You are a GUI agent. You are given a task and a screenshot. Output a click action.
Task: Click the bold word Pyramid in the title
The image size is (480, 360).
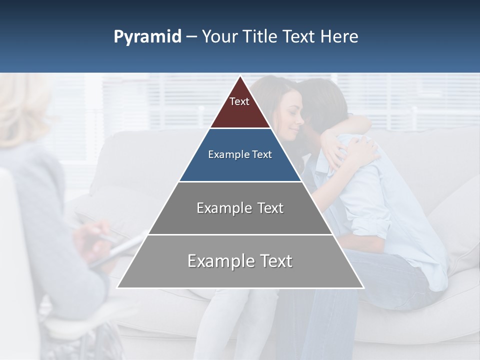(x=147, y=37)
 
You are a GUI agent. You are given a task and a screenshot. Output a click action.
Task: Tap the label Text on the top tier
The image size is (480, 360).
(x=239, y=101)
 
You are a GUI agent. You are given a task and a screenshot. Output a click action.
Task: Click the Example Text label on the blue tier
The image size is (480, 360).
(x=240, y=154)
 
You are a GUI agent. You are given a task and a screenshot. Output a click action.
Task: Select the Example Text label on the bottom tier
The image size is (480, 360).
(x=240, y=261)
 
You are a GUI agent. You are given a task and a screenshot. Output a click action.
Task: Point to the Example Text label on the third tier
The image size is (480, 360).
(x=240, y=208)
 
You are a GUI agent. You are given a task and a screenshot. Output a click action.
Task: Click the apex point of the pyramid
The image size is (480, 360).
(x=240, y=76)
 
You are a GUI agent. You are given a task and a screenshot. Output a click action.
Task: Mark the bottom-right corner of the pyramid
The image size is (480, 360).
(x=363, y=287)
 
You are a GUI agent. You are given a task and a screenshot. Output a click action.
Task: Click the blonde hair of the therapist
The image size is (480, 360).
(x=22, y=107)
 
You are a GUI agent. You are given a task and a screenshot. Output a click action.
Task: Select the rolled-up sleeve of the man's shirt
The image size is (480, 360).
(x=372, y=220)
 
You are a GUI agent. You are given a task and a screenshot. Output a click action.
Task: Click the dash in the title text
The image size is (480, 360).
(x=191, y=37)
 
